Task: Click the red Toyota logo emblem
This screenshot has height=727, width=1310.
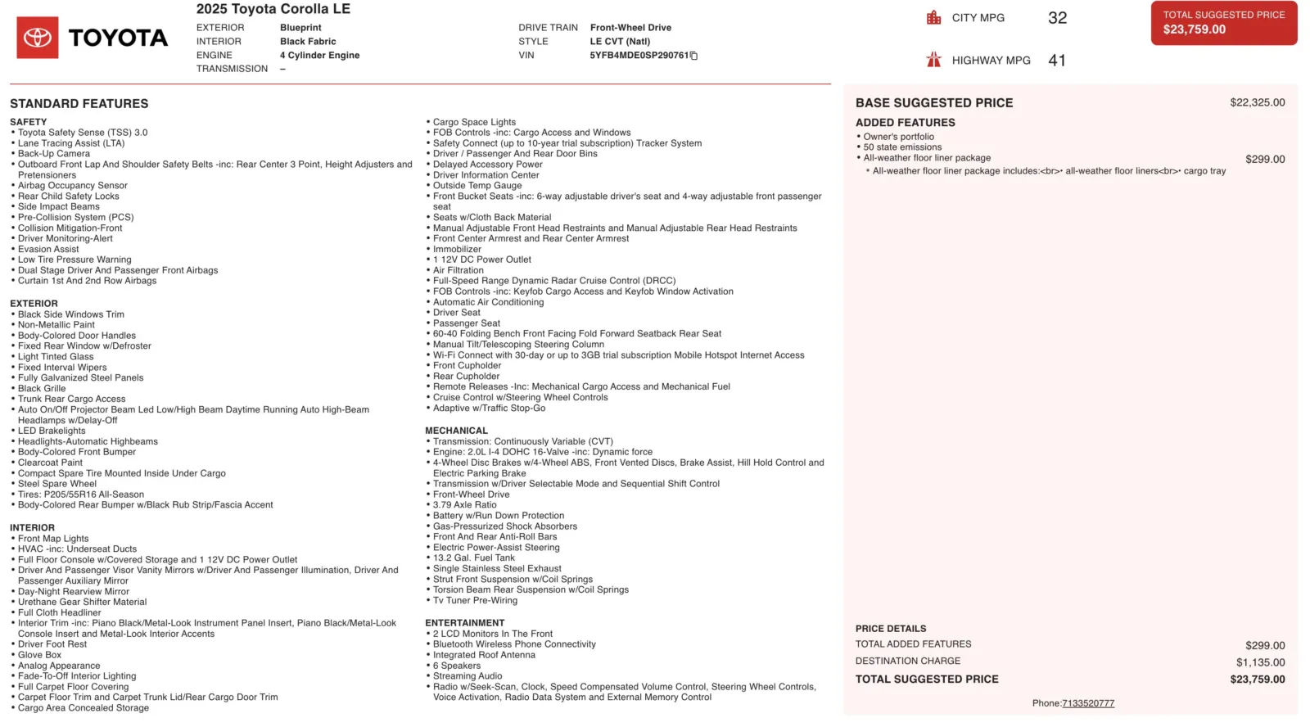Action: click(x=38, y=38)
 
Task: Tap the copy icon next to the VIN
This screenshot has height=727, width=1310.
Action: click(x=694, y=56)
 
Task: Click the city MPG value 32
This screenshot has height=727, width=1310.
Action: click(x=1057, y=18)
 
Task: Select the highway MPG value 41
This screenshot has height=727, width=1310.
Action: click(x=1057, y=61)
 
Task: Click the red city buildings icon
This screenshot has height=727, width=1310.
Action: click(x=933, y=18)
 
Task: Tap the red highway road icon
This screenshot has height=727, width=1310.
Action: click(x=933, y=60)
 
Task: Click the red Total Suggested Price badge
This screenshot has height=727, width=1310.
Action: click(x=1223, y=23)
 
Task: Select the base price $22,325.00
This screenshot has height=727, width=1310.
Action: click(x=1257, y=103)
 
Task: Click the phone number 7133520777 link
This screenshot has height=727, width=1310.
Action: click(x=1087, y=703)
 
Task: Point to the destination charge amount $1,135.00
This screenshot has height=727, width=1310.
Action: click(x=1260, y=662)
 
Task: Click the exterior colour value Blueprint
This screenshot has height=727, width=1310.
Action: click(x=300, y=28)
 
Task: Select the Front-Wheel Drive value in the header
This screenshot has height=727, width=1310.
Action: click(x=630, y=28)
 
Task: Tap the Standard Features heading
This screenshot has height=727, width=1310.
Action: click(x=79, y=104)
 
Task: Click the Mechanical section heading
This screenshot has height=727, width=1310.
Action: click(x=456, y=431)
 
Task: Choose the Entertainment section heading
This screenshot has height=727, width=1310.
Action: click(x=464, y=623)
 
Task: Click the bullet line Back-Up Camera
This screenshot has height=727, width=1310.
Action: click(x=54, y=154)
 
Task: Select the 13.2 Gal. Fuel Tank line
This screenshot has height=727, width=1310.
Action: click(x=474, y=558)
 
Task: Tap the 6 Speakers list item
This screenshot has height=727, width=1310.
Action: click(x=457, y=666)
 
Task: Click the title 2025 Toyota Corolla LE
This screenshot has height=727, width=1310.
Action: click(x=273, y=9)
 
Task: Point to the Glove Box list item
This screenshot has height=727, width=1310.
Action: click(x=40, y=655)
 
